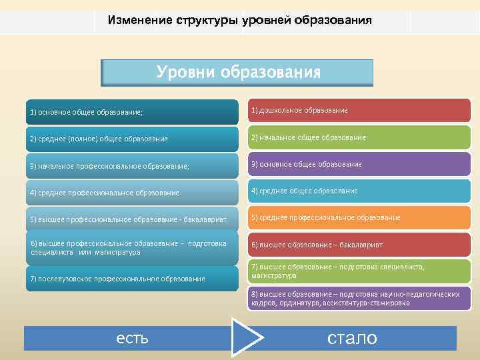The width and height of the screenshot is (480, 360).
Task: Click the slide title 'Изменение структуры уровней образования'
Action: coord(239,20)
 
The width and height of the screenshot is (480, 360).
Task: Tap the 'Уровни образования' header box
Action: coord(237,73)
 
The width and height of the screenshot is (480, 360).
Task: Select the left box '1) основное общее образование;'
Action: coord(132,112)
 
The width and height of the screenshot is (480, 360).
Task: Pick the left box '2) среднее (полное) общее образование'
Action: coord(132,139)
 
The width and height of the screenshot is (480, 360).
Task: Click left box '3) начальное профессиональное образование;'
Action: coord(132,165)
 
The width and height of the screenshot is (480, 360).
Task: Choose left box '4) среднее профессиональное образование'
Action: coord(132,192)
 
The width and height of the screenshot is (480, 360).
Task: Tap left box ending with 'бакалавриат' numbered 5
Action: coord(132,219)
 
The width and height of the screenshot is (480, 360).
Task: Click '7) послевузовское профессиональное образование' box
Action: coord(132,278)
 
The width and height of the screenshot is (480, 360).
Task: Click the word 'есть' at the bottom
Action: coord(132,338)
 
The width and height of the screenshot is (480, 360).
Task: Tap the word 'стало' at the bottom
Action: coord(352,338)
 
